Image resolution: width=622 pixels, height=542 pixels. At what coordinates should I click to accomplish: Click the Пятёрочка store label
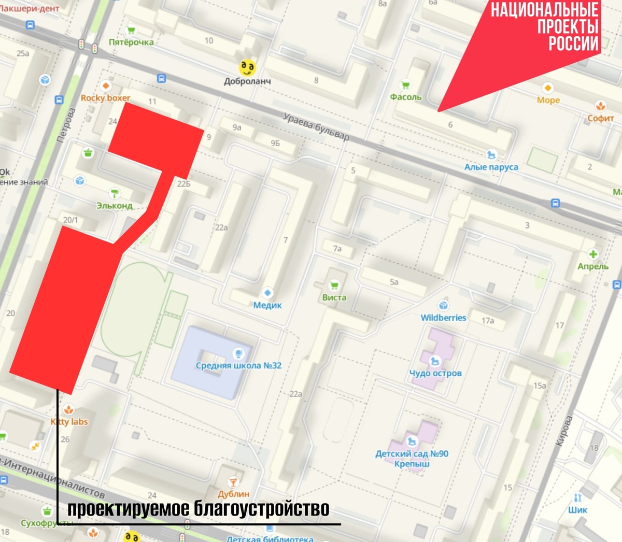click(x=131, y=42)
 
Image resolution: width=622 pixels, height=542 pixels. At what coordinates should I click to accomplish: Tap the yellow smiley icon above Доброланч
click(x=248, y=67)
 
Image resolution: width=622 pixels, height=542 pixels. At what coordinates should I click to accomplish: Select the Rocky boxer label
click(x=105, y=97)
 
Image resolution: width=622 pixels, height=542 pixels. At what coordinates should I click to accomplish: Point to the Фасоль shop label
click(x=406, y=97)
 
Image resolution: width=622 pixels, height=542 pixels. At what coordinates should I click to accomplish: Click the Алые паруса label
click(x=491, y=167)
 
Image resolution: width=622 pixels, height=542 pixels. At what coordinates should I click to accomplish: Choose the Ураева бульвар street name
click(x=316, y=127)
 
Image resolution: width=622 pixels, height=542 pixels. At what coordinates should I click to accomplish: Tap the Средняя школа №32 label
click(x=238, y=365)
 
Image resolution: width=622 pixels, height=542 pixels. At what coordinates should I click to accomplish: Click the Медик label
click(x=267, y=305)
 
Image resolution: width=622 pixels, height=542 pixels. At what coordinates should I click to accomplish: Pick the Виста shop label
click(x=334, y=297)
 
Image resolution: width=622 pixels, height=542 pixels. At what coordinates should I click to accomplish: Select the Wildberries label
click(x=443, y=318)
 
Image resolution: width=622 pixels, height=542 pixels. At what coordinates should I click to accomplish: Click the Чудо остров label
click(x=435, y=373)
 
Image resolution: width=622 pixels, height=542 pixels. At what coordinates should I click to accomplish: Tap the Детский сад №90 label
click(x=412, y=454)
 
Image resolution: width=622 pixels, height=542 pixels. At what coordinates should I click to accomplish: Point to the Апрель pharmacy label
click(x=593, y=266)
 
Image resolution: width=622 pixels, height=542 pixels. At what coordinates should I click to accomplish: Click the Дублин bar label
click(x=233, y=494)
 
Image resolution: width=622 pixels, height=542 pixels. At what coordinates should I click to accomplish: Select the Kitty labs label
click(x=69, y=422)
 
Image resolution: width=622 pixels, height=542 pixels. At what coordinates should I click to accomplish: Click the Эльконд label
click(x=115, y=206)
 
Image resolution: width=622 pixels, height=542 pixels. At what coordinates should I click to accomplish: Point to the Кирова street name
click(x=564, y=431)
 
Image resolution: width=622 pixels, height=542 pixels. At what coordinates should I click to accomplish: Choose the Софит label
click(x=601, y=118)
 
